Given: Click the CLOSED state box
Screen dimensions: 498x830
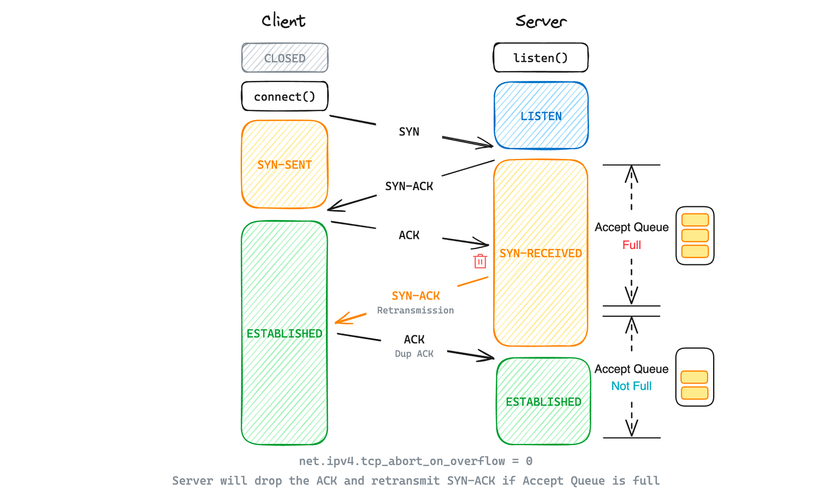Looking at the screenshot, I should click(x=284, y=58).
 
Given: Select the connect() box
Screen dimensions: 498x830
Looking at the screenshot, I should click(x=284, y=96).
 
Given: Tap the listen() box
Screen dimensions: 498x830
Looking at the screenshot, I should click(x=540, y=58).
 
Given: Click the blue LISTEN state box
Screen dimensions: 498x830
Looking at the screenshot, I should click(x=541, y=116).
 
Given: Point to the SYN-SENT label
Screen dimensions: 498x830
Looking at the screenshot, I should click(x=284, y=165).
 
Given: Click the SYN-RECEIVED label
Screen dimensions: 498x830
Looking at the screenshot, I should click(x=540, y=253).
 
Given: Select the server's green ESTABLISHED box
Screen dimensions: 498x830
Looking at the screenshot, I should click(x=543, y=401).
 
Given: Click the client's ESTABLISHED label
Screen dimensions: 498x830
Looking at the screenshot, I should click(x=284, y=333).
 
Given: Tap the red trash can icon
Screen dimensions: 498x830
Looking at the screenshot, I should click(x=480, y=261).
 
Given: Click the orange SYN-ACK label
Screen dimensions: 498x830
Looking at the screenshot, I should click(x=416, y=296).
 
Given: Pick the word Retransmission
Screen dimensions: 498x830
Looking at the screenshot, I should click(x=415, y=311).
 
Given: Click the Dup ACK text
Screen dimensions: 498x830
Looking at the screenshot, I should click(x=414, y=354).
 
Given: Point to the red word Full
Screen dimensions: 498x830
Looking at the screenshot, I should click(x=632, y=245).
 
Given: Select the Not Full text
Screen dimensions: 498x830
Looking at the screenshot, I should click(x=631, y=386).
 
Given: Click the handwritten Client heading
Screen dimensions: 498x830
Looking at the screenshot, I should click(x=283, y=21).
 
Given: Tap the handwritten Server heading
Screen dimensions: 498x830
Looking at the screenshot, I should click(x=541, y=22).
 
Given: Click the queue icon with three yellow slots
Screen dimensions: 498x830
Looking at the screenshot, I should click(x=695, y=235).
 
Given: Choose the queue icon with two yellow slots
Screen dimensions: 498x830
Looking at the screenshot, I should click(x=694, y=377).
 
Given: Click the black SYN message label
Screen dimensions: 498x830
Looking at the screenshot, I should click(x=409, y=132).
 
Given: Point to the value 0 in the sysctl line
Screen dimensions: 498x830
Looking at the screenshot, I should click(x=529, y=461).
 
